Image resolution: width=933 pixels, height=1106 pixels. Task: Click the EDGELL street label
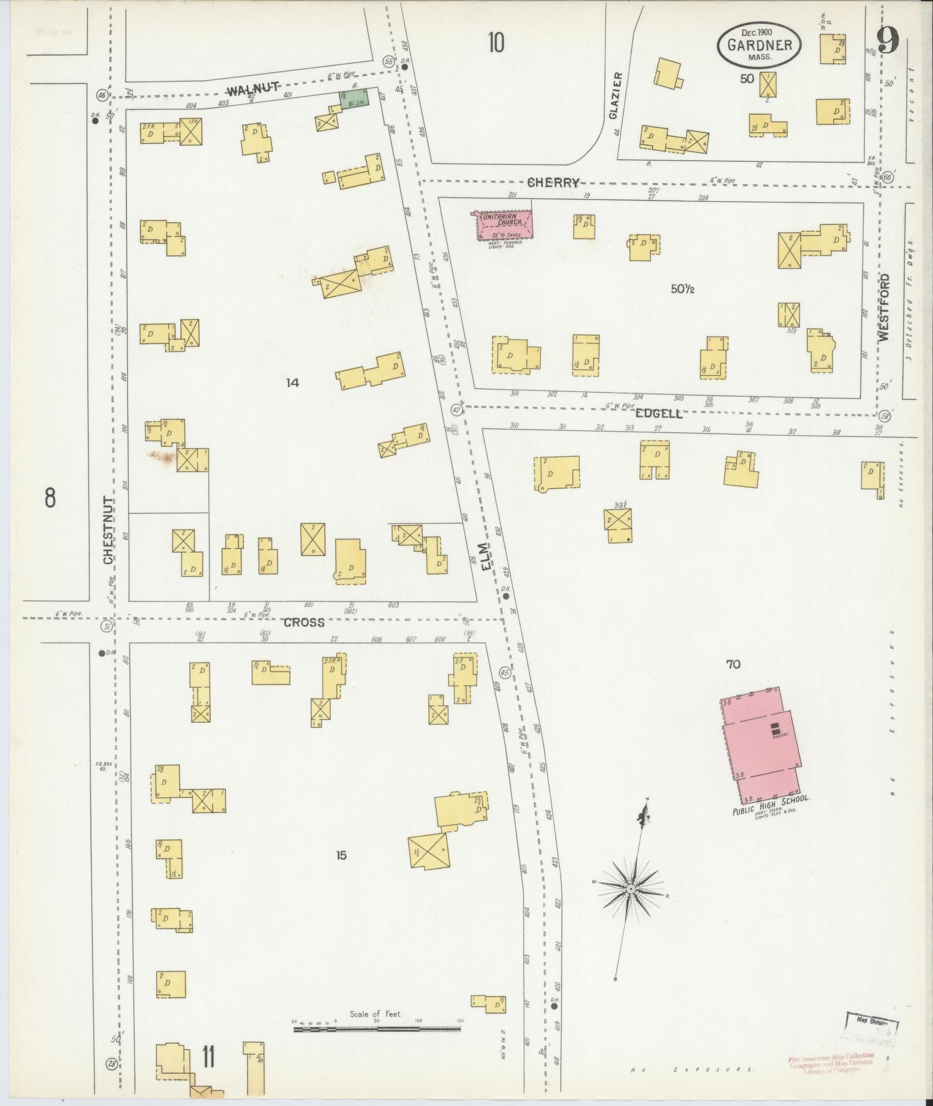click(659, 413)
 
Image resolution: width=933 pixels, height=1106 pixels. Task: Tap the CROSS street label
click(304, 622)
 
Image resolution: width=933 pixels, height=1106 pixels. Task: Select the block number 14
click(293, 382)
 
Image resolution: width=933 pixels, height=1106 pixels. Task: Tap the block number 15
click(341, 855)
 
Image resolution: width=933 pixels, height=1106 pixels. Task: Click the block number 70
click(733, 664)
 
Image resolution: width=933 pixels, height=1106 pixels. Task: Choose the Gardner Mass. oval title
click(759, 45)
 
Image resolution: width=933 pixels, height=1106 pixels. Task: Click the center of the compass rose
click(632, 888)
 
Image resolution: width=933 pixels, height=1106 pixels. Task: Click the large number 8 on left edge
click(50, 497)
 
